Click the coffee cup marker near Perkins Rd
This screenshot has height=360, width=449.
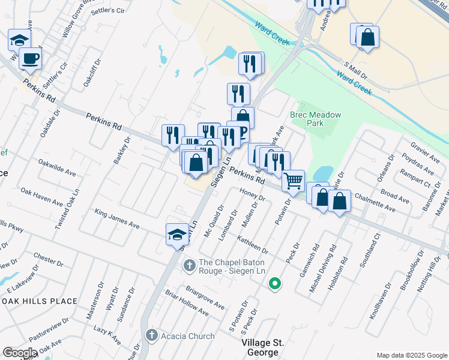[x=29, y=59]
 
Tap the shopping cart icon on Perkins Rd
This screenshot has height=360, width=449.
[x=293, y=180]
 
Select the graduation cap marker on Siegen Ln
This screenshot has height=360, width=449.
[x=177, y=234]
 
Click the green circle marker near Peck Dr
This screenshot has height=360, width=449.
[x=275, y=283]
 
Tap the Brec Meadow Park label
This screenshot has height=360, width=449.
[x=315, y=119]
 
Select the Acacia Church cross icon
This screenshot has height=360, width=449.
[x=152, y=335]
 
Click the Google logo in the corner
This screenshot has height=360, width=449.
[x=19, y=353]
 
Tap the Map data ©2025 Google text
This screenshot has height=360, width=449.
[x=411, y=355]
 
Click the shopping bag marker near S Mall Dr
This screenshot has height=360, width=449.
[x=367, y=38]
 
